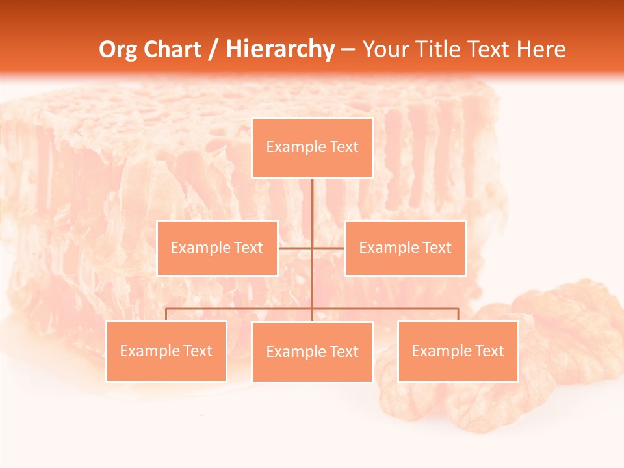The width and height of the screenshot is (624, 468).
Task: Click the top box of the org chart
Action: click(x=312, y=148)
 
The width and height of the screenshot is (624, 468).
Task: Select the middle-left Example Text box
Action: click(x=217, y=248)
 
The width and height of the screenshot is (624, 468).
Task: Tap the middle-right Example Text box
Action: click(x=405, y=248)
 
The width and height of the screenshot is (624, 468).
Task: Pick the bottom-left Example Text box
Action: click(x=166, y=351)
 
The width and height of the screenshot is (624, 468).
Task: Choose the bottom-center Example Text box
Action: click(x=312, y=352)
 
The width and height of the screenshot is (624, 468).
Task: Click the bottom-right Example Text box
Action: click(x=458, y=351)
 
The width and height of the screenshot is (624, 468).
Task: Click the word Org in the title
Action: click(x=118, y=49)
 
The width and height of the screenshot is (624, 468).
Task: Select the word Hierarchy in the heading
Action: click(x=280, y=49)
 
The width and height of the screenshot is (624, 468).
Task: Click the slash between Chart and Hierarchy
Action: click(x=213, y=49)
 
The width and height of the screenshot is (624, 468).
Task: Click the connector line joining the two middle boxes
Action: click(x=296, y=248)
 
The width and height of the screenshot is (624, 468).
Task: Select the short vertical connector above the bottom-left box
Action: click(x=166, y=315)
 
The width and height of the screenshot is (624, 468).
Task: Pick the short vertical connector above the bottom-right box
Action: click(x=458, y=315)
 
